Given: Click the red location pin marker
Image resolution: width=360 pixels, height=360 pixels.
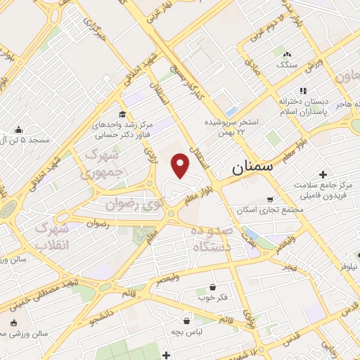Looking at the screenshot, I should (x=181, y=165).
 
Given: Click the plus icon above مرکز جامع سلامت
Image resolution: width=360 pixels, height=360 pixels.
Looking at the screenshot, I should (x=323, y=174).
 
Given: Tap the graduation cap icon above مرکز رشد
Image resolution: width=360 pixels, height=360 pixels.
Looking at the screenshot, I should (x=122, y=115).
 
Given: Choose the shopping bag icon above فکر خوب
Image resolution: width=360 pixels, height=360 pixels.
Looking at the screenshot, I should (x=213, y=287).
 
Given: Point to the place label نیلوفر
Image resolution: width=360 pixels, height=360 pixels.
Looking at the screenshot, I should (x=345, y=267).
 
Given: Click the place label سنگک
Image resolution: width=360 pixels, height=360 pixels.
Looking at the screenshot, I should (x=285, y=63).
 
